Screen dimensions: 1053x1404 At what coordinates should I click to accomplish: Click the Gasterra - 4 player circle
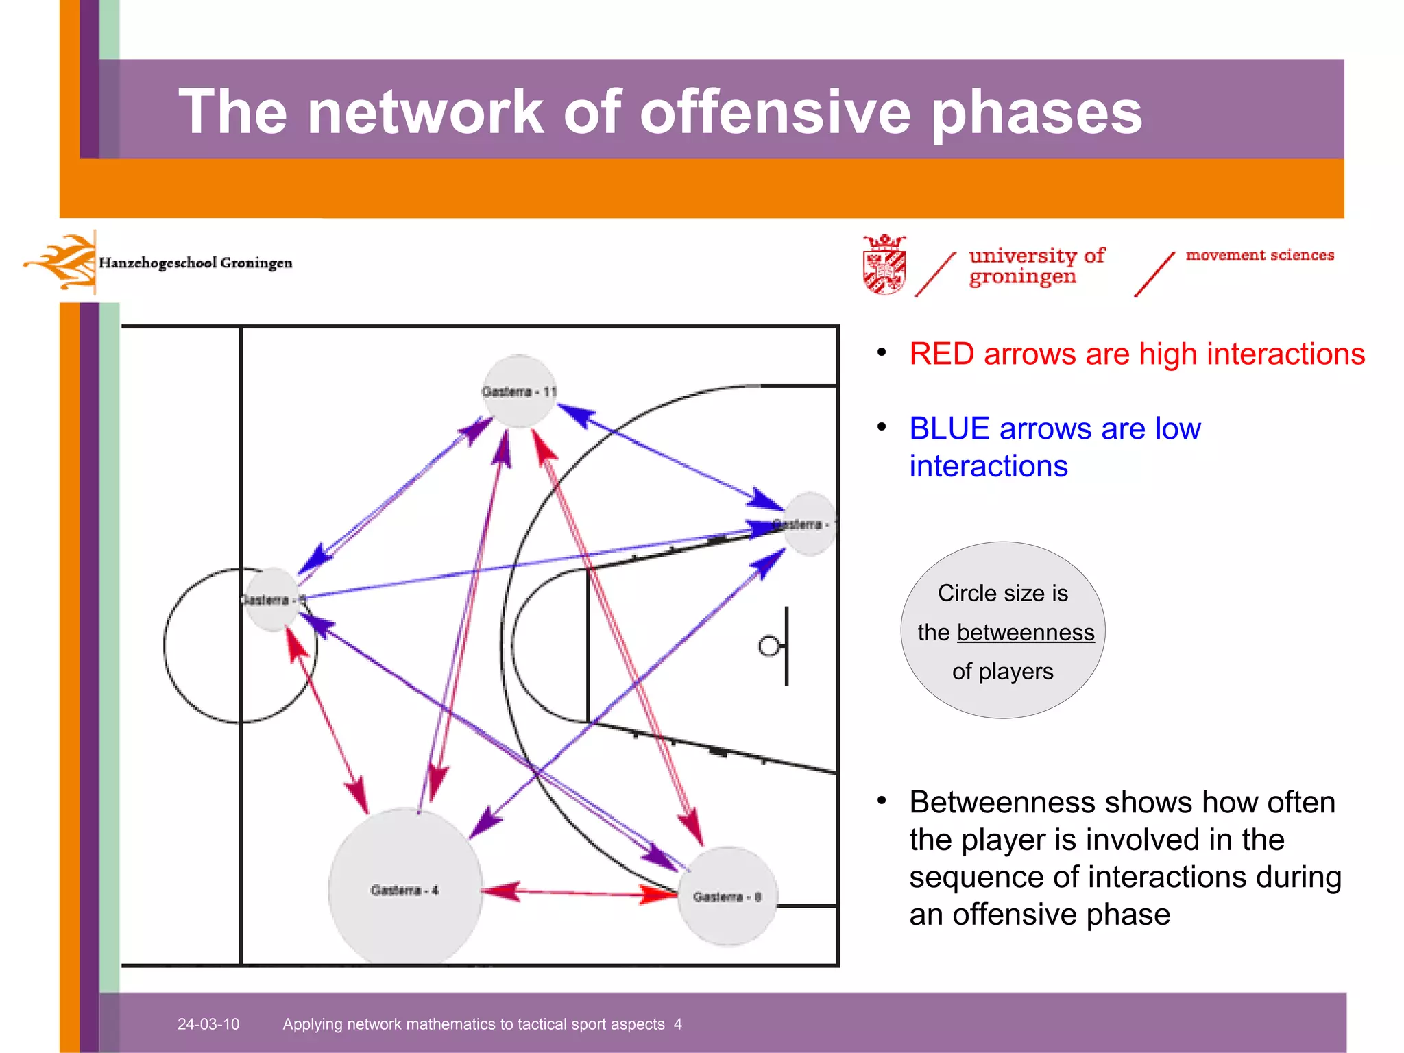click(404, 888)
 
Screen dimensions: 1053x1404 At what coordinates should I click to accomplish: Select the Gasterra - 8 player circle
click(727, 896)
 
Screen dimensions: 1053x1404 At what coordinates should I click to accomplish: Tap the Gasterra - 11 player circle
click(518, 391)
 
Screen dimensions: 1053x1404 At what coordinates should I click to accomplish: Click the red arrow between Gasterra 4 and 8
click(579, 893)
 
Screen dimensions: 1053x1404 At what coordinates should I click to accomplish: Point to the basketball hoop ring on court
click(769, 646)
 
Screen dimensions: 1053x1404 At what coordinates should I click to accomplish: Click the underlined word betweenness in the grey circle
click(1025, 632)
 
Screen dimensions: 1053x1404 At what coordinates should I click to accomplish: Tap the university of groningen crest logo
click(884, 265)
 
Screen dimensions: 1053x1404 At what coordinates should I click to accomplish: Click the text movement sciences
click(1259, 255)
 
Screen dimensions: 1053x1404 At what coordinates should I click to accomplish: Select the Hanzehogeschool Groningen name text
click(195, 263)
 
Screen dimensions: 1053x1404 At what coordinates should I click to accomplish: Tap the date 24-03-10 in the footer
click(208, 1024)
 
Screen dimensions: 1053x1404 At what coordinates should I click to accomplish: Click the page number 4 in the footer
click(677, 1024)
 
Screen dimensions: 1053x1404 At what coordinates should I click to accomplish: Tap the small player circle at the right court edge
click(810, 524)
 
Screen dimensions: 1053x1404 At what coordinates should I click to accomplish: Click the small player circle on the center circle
click(272, 599)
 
